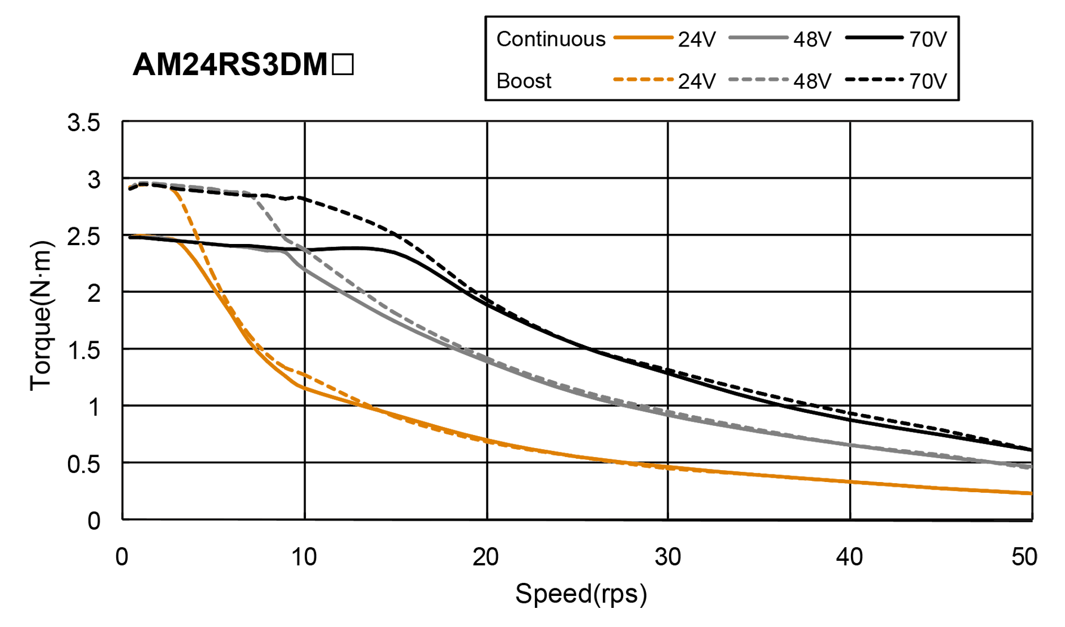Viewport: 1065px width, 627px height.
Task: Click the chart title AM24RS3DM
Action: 230,64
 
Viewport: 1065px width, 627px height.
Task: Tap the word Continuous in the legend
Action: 550,39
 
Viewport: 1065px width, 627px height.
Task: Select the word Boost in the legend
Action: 524,81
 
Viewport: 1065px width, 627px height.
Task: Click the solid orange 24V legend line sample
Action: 643,38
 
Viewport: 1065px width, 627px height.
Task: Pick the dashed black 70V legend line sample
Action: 874,79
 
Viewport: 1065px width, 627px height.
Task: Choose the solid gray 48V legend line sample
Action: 758,38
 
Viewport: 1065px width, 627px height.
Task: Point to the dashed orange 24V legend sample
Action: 643,79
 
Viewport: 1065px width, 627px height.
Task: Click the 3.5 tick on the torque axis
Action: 83,123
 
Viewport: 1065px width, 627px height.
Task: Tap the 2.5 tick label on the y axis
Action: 83,237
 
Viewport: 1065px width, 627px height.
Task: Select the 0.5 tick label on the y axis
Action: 83,464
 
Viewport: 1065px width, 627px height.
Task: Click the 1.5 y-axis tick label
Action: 83,350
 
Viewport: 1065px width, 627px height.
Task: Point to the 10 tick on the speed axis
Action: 304,557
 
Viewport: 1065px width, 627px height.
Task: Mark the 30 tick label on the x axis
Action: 668,557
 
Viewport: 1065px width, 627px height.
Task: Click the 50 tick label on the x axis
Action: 1024,557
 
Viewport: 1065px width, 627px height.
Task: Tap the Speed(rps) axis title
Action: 581,594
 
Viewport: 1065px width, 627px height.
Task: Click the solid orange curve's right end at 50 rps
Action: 1031,493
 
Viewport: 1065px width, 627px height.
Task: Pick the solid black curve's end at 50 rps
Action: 1031,449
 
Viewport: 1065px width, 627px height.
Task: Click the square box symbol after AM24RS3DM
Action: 343,64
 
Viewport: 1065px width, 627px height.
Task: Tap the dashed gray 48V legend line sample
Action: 758,79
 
